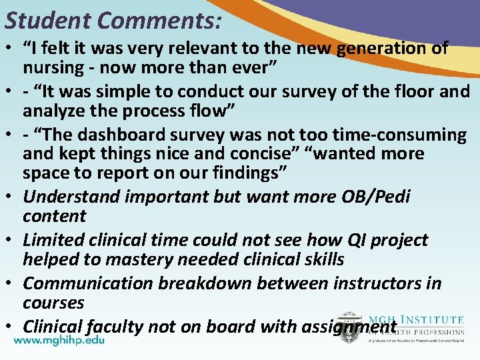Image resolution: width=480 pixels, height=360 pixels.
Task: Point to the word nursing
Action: (x=53, y=67)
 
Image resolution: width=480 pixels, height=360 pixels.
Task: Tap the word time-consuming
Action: (x=394, y=135)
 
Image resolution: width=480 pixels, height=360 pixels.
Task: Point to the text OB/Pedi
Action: (x=375, y=197)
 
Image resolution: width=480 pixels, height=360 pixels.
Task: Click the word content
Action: (x=54, y=216)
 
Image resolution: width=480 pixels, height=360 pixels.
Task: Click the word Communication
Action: (x=88, y=283)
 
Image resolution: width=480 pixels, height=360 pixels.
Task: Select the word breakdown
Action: (x=208, y=283)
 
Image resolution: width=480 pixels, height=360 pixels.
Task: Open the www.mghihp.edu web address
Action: (x=59, y=339)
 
